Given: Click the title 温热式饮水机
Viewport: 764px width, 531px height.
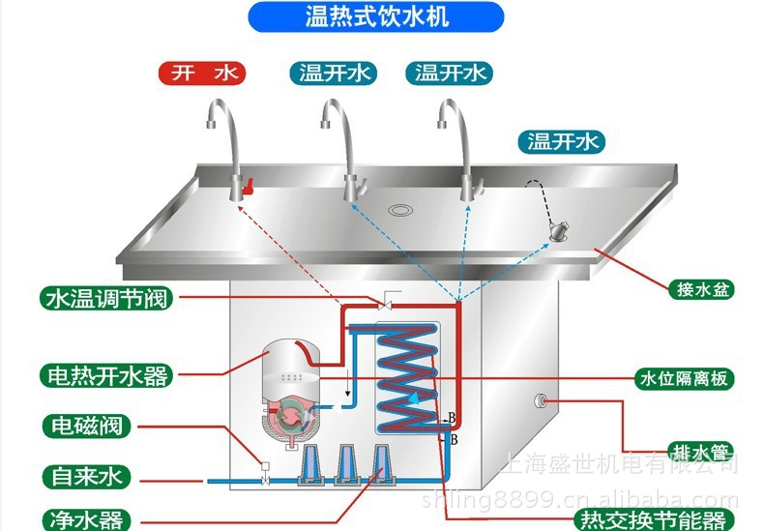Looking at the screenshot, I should pos(377,15).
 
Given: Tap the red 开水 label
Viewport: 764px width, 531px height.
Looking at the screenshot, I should pos(202,73).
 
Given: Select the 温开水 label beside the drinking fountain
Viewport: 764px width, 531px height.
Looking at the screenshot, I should pos(564,142).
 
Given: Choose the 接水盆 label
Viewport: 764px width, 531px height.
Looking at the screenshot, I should pos(699,287).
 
